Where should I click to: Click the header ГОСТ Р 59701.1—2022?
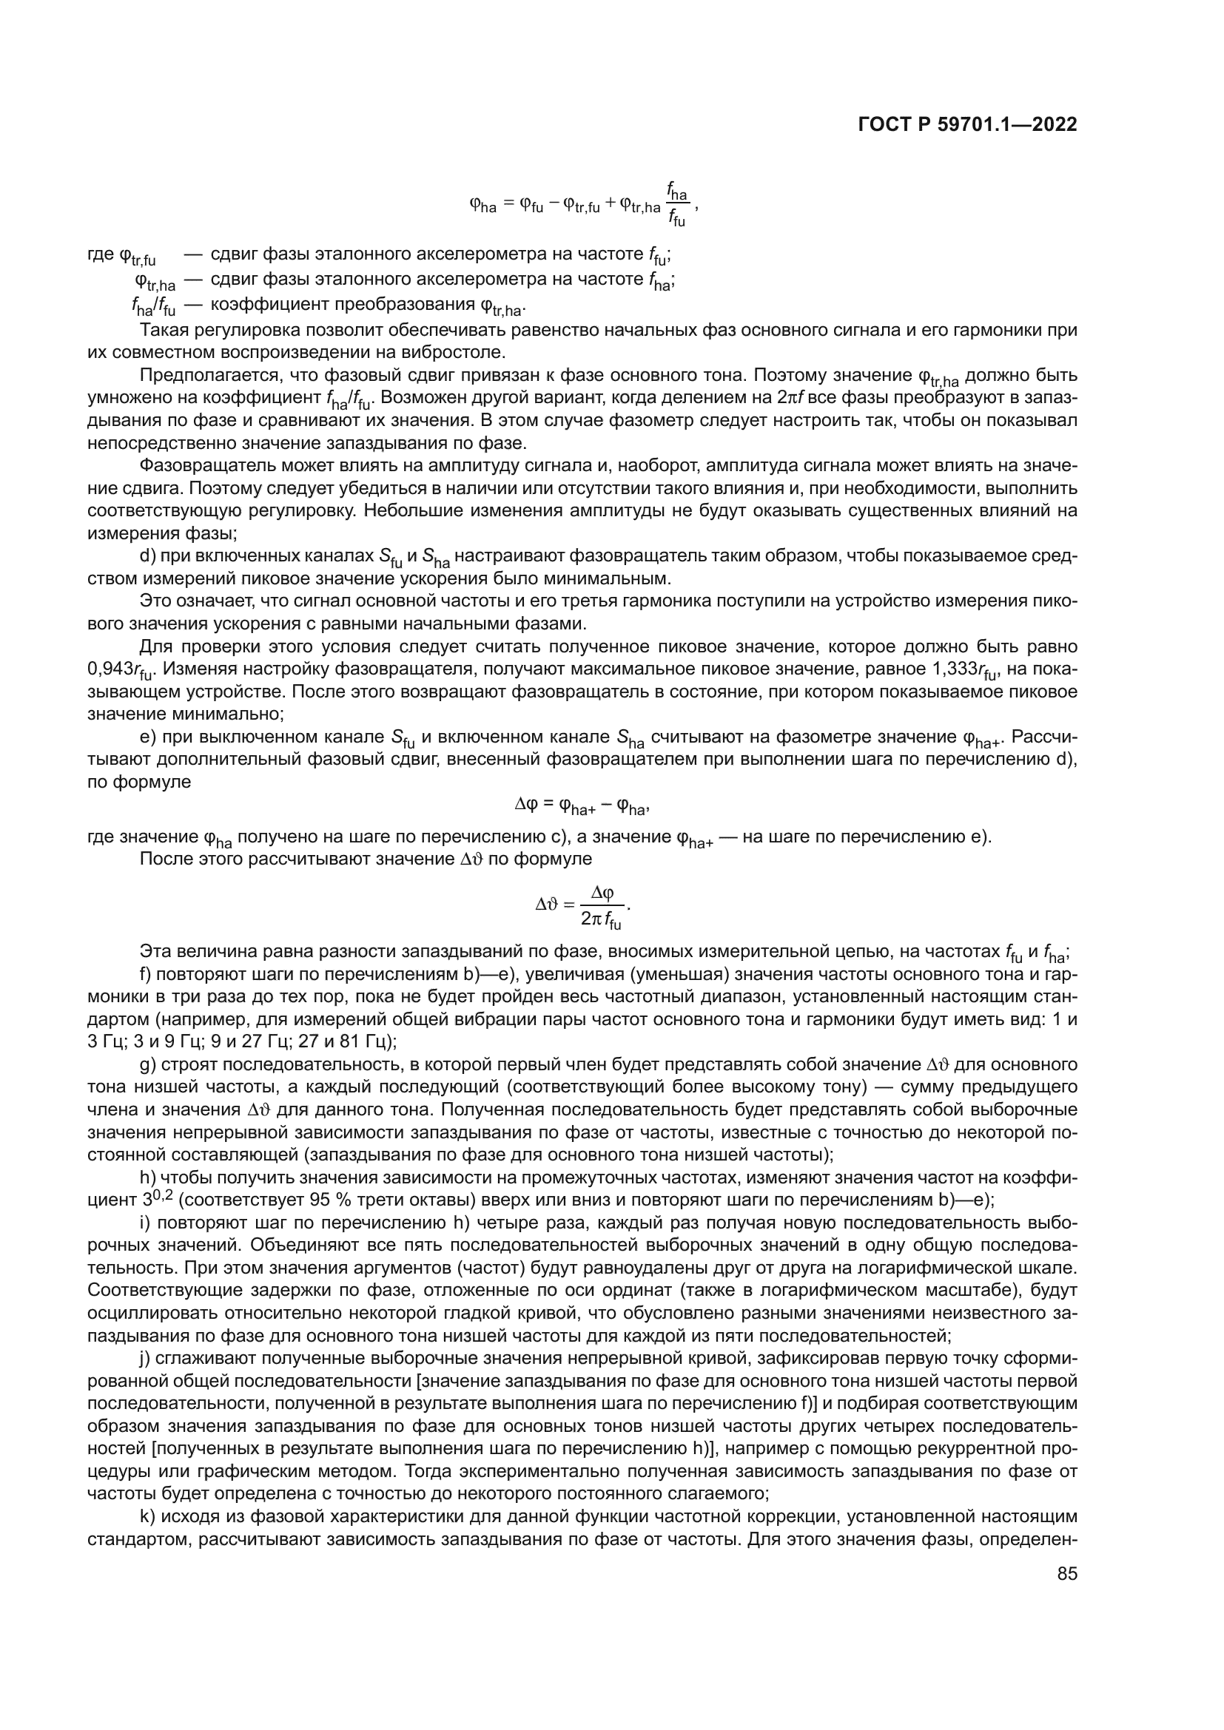click(968, 125)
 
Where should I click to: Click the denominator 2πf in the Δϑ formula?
click(602, 919)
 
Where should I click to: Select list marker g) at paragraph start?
click(148, 1064)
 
